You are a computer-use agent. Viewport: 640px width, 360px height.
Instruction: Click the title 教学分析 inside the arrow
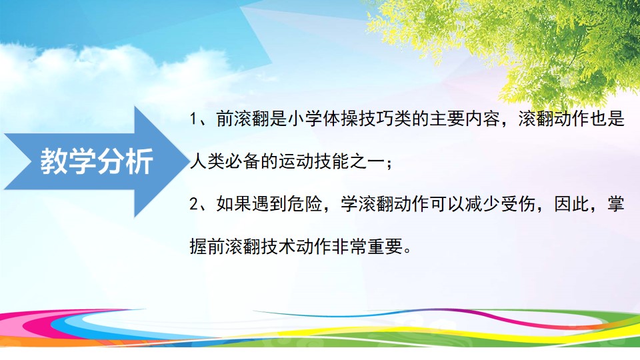point(97,161)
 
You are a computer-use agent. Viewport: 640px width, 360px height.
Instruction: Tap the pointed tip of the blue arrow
point(187,161)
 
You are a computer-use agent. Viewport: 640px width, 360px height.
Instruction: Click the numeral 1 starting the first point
point(193,119)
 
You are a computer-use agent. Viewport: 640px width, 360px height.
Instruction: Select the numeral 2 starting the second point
point(193,204)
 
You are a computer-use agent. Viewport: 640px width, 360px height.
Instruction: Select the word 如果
point(233,204)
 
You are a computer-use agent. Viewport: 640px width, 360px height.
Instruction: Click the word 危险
point(305,204)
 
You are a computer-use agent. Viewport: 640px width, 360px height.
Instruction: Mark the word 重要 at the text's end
point(385,246)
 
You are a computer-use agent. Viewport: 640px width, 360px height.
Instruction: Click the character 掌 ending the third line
point(615,204)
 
